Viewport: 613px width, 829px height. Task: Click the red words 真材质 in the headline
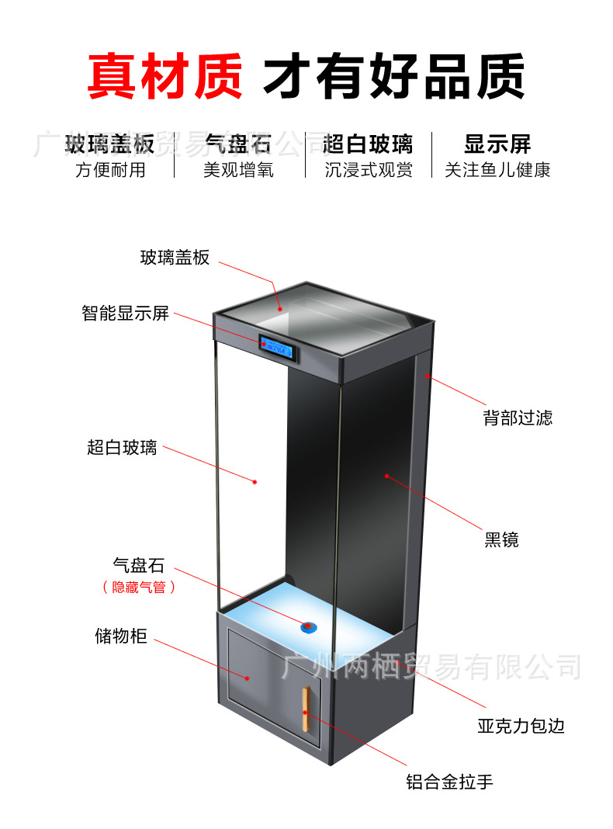pyautogui.click(x=164, y=76)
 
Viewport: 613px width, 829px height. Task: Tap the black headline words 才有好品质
pyautogui.click(x=394, y=76)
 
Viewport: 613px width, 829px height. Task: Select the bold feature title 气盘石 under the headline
pyautogui.click(x=238, y=144)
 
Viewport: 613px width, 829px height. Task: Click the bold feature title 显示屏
pyautogui.click(x=497, y=144)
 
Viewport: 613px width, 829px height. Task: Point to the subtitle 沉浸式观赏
pyautogui.click(x=369, y=170)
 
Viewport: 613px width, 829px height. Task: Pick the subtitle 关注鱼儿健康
pyautogui.click(x=497, y=170)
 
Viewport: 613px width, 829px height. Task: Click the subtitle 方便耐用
pyautogui.click(x=110, y=170)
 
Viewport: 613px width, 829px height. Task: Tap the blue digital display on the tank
pyautogui.click(x=279, y=346)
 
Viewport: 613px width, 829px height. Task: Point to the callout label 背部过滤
pyautogui.click(x=518, y=418)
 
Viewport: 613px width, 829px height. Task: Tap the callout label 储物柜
pyautogui.click(x=120, y=637)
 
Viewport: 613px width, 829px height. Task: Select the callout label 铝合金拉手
pyautogui.click(x=449, y=782)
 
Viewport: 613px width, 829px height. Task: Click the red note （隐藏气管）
pyautogui.click(x=139, y=588)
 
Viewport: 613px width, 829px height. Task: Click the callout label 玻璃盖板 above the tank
pyautogui.click(x=175, y=258)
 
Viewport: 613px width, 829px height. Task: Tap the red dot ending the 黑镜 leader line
pyautogui.click(x=386, y=475)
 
